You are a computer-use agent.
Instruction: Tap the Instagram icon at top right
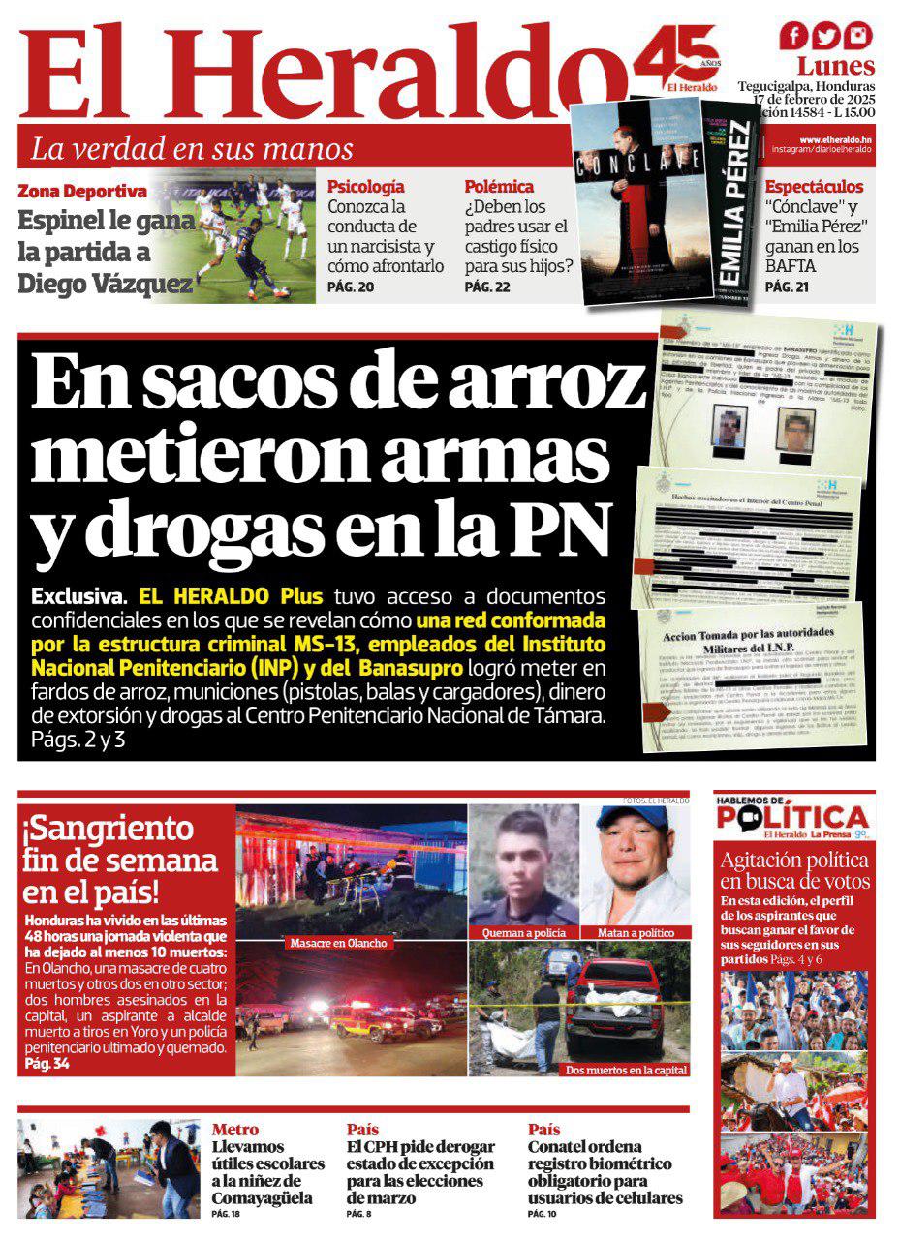coord(857,36)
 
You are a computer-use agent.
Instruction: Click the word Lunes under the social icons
coord(836,67)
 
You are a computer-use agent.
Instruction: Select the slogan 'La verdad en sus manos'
coord(192,149)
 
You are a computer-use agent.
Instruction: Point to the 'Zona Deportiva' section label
coord(82,192)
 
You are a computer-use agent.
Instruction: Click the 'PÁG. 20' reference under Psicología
coord(351,287)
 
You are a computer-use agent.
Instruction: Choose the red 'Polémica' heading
coord(499,187)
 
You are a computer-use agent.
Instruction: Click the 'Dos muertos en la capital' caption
coord(627,1070)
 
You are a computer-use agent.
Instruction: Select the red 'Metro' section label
coord(235,1130)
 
